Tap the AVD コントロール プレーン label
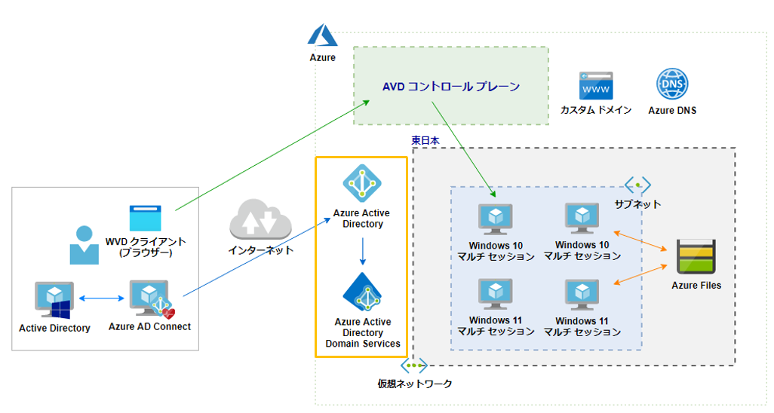coord(451,87)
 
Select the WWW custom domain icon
coord(595,85)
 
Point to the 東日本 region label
coord(425,140)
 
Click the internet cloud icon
coord(260,219)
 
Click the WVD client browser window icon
coord(145,218)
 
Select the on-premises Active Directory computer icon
coord(54,300)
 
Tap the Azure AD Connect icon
coord(149,299)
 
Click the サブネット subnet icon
coord(637,185)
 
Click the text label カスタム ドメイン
coord(595,110)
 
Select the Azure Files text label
coord(696,286)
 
